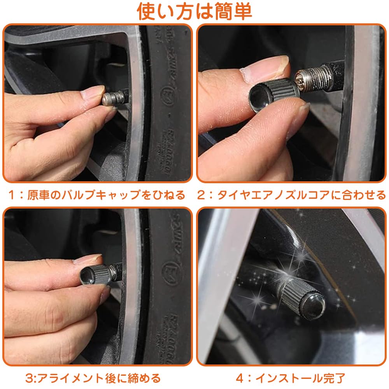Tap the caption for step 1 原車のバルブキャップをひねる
click(x=97, y=195)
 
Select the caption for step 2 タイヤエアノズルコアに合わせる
click(x=292, y=195)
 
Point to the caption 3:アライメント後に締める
click(x=93, y=378)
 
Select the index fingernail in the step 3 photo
click(x=88, y=259)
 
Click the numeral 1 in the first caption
click(x=13, y=195)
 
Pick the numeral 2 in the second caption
click(x=201, y=195)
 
